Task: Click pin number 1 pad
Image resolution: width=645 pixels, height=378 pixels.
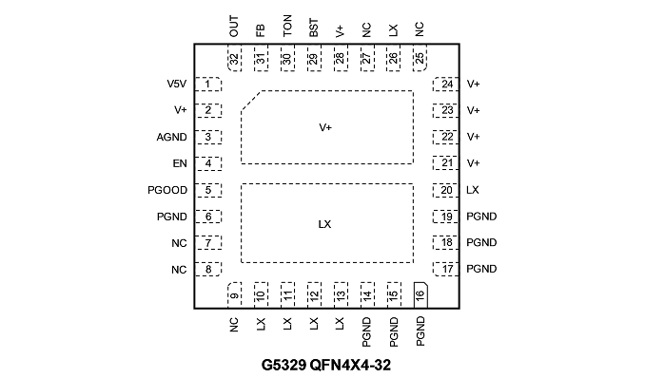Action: point(207,85)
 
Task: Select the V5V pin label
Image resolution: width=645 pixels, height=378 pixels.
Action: point(176,84)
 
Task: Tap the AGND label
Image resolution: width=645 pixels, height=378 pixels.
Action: point(171,137)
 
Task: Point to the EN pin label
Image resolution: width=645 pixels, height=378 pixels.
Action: point(180,163)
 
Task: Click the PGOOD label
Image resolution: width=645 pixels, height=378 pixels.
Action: point(167,190)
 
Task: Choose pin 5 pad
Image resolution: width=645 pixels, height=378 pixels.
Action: point(207,190)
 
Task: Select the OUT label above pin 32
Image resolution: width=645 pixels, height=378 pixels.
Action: point(234,27)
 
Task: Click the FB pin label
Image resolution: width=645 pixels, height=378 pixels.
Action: point(261,30)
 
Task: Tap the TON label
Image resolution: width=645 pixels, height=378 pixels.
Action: point(287,26)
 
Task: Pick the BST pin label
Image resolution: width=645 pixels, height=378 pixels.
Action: point(313,28)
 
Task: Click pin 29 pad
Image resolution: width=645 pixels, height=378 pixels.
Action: point(314,58)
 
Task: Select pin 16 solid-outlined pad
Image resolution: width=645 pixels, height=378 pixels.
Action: point(420,295)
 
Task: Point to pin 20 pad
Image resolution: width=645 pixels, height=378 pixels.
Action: point(445,190)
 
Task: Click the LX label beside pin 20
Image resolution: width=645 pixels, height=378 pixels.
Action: point(473,190)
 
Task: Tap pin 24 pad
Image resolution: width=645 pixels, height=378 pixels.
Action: point(445,85)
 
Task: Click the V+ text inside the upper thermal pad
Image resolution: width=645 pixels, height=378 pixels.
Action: point(325,128)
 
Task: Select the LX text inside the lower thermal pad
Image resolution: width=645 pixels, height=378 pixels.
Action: point(324,224)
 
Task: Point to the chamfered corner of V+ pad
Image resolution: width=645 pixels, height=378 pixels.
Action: point(251,101)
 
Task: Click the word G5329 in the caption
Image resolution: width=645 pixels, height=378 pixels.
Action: point(283,365)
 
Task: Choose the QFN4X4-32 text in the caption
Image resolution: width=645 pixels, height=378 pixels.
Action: point(350,365)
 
